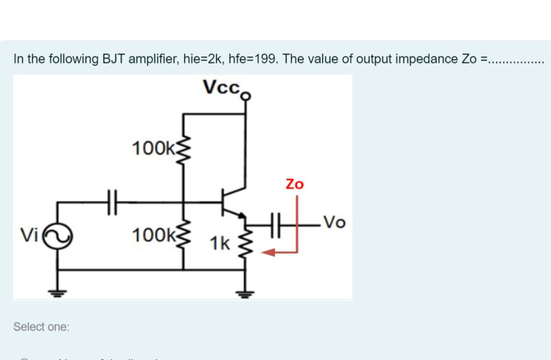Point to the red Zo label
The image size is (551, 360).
tap(295, 184)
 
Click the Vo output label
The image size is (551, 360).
tap(334, 223)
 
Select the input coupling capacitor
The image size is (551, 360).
tap(112, 202)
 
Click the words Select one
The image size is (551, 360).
tap(41, 327)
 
